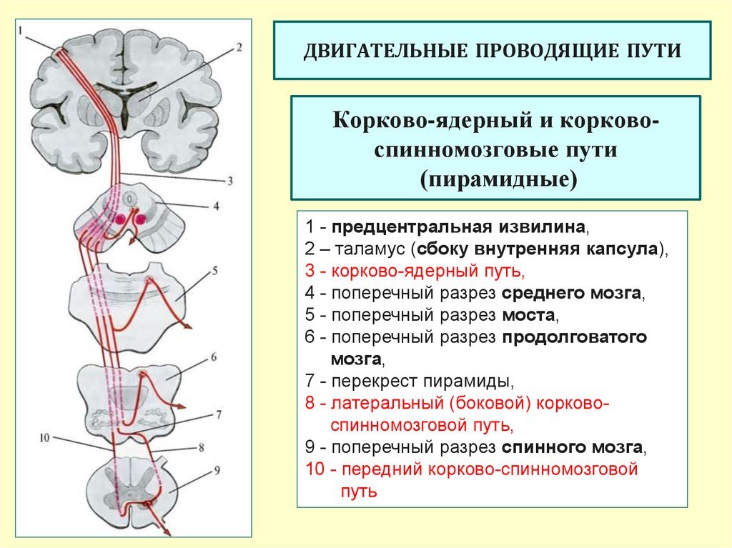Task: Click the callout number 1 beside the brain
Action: pyautogui.click(x=21, y=30)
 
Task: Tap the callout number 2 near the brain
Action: pyautogui.click(x=239, y=47)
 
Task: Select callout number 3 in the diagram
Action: pyautogui.click(x=229, y=181)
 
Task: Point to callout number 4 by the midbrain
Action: pyautogui.click(x=216, y=205)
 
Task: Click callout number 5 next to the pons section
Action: pyautogui.click(x=215, y=271)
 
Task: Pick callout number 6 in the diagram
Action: pyautogui.click(x=214, y=357)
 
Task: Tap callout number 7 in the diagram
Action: pyautogui.click(x=219, y=414)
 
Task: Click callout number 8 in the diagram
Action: pyautogui.click(x=202, y=448)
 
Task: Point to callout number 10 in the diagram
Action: pyautogui.click(x=44, y=437)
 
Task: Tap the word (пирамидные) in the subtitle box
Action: pyautogui.click(x=498, y=179)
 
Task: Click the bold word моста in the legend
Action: pyautogui.click(x=528, y=316)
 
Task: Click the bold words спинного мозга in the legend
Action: pyautogui.click(x=572, y=448)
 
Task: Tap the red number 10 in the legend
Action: pyautogui.click(x=315, y=469)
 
